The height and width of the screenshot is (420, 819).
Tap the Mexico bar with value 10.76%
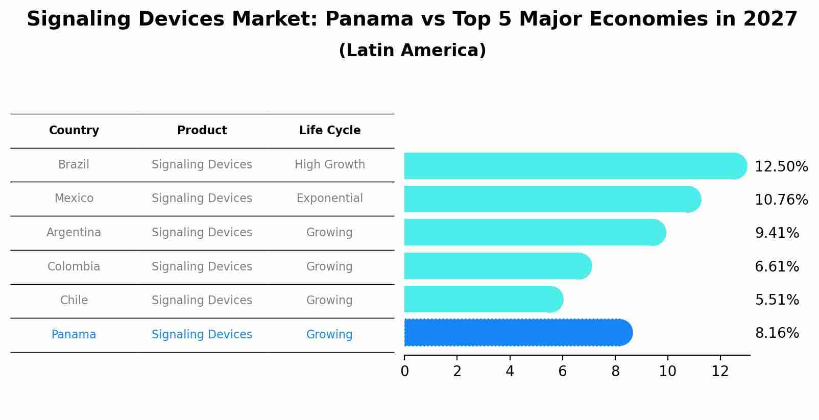click(552, 199)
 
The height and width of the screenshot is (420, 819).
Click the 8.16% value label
click(777, 333)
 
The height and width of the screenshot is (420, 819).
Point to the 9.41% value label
click(777, 233)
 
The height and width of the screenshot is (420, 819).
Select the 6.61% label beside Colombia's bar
click(777, 266)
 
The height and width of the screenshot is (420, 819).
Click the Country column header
click(74, 131)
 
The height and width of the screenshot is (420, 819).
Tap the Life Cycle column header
click(330, 131)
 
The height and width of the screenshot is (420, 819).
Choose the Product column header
click(202, 131)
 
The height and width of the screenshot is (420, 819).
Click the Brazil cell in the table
click(74, 165)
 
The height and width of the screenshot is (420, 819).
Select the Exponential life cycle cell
click(330, 199)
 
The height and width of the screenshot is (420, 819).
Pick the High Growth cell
click(330, 165)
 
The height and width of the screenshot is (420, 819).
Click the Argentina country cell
click(74, 233)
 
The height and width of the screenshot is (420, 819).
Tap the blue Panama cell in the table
click(74, 335)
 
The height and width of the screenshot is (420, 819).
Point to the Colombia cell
click(74, 267)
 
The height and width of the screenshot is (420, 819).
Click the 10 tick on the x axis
click(667, 372)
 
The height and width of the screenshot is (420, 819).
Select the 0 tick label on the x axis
click(404, 372)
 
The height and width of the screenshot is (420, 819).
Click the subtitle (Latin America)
click(412, 51)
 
